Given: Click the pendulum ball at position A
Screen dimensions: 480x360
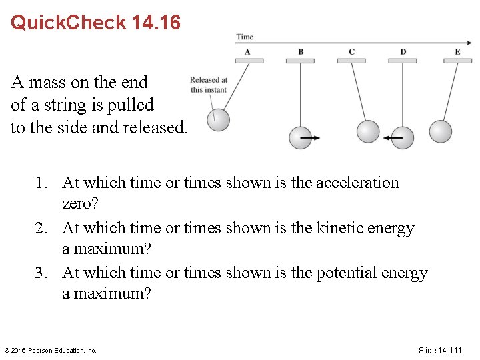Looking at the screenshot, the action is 218,120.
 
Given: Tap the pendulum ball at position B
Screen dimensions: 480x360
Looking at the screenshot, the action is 300,137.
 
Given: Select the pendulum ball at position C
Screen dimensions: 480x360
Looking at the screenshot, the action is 367,131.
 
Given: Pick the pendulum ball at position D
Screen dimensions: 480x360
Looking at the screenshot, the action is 403,137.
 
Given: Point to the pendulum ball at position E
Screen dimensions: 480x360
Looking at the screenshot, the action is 441,131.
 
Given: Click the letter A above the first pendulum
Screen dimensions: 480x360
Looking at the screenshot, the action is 247,51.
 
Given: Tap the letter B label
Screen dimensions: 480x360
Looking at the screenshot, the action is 301,51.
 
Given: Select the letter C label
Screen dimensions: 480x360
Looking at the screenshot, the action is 351,51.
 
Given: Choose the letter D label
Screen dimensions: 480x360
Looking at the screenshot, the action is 403,51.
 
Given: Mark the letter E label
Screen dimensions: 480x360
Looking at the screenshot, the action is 457,51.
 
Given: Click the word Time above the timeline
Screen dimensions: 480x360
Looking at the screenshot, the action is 245,37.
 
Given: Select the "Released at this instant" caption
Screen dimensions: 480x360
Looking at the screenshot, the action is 209,85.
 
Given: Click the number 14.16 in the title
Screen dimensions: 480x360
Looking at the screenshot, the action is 156,23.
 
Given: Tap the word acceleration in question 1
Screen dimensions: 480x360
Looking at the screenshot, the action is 357,183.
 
